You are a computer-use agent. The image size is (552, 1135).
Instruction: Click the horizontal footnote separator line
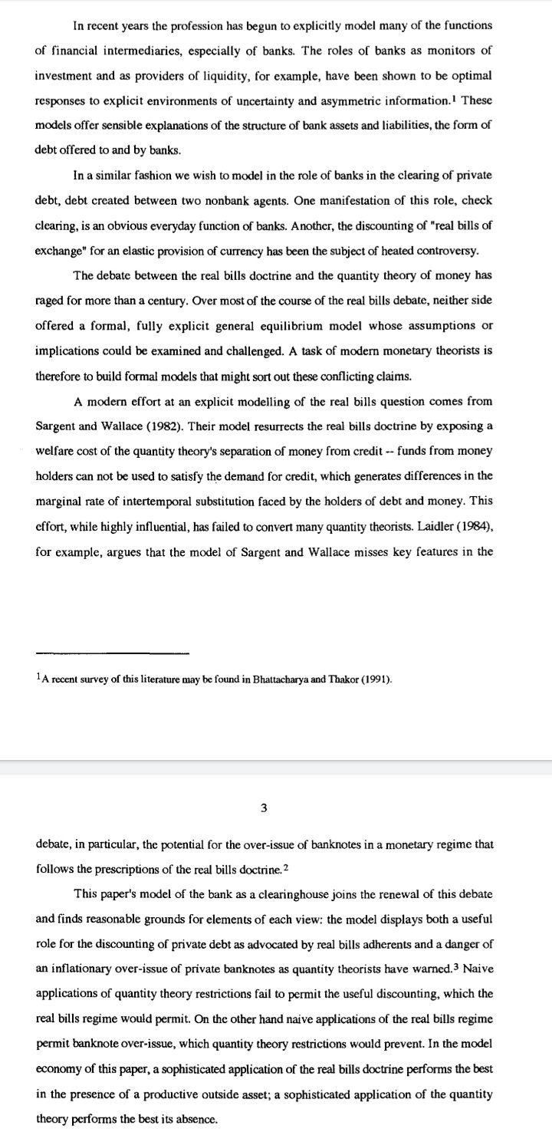112,653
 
